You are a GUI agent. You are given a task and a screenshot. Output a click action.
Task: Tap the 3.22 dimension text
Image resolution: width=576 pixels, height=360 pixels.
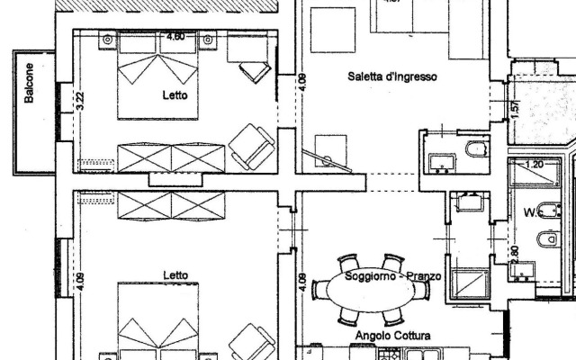pyautogui.click(x=80, y=102)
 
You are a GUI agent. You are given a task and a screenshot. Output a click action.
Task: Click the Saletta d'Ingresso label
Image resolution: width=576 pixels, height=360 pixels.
pyautogui.click(x=391, y=77)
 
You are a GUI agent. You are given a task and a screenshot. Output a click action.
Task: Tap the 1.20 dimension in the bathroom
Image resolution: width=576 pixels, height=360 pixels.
pyautogui.click(x=535, y=165)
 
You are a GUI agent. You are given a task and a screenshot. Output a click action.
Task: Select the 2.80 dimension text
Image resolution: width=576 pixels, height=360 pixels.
pyautogui.click(x=515, y=256)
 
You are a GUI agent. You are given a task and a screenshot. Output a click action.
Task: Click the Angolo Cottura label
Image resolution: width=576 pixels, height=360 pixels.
pyautogui.click(x=392, y=336)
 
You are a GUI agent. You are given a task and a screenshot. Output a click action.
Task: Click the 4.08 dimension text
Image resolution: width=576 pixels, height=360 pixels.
pyautogui.click(x=302, y=83)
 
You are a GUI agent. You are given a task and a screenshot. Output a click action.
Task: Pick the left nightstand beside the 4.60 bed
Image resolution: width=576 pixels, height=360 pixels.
pyautogui.click(x=108, y=40)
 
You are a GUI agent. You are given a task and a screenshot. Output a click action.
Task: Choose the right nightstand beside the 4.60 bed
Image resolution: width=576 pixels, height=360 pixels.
pyautogui.click(x=208, y=40)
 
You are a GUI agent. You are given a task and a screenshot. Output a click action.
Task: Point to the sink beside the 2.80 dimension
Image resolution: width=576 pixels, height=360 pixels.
pyautogui.click(x=526, y=273)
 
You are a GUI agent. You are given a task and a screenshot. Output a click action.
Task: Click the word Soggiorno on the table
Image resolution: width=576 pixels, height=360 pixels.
pyautogui.click(x=364, y=275)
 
